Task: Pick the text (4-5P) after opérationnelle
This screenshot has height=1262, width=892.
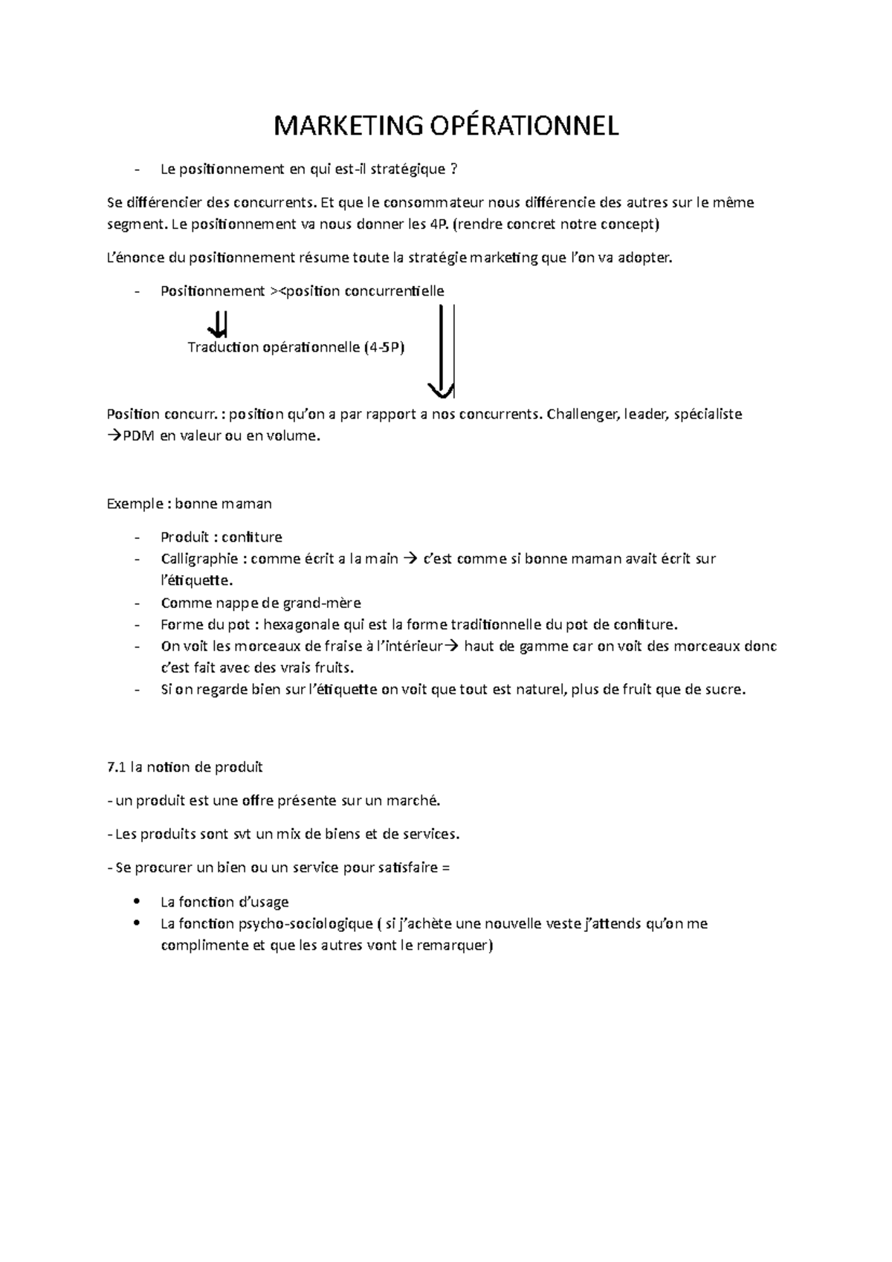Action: (384, 347)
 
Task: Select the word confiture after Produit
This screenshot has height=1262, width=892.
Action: (252, 537)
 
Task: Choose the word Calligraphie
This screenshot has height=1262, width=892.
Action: (201, 559)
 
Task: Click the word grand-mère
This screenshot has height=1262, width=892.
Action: (326, 603)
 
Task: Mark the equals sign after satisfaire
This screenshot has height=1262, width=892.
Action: (445, 867)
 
